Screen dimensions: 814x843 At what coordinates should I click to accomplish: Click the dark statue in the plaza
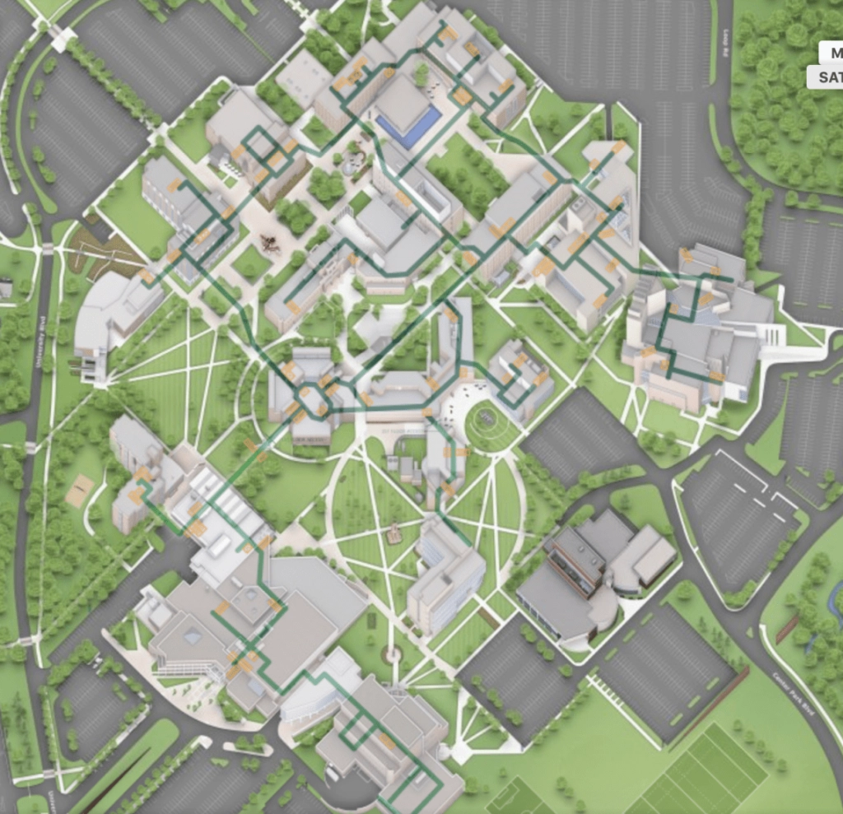(268, 243)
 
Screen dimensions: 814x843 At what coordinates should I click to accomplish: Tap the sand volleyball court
(80, 491)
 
